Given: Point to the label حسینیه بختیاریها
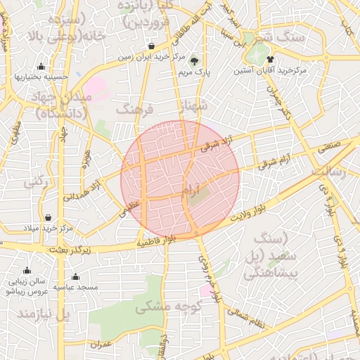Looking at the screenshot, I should (x=41, y=77).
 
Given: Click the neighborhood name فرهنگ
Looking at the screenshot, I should (x=134, y=110).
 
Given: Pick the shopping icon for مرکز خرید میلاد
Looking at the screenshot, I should (x=48, y=218).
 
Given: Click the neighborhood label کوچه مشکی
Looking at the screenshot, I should (x=168, y=307).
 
